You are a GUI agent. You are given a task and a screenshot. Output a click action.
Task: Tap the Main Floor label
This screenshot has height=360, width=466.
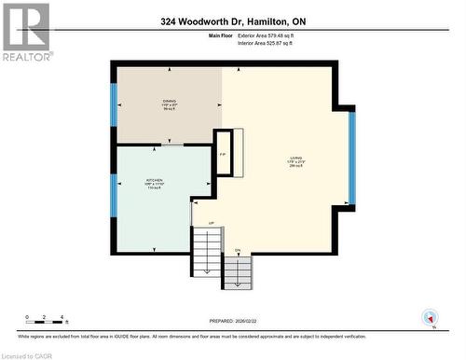[220, 35]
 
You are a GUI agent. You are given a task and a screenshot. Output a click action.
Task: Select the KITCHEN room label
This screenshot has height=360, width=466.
[154, 182]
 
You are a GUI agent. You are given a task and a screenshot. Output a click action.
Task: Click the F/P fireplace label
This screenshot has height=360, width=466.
[223, 155]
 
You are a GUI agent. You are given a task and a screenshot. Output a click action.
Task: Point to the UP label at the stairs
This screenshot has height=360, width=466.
[211, 223]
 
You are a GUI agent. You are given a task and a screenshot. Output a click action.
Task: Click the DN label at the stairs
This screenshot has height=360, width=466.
[238, 250]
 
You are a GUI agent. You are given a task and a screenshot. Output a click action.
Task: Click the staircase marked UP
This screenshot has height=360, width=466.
[207, 247]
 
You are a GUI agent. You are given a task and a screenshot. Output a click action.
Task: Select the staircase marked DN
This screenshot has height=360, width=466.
[238, 271]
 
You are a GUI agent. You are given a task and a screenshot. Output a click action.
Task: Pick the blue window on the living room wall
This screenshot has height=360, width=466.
[351, 158]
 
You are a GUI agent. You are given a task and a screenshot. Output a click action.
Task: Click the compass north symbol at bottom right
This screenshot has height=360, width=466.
[430, 317]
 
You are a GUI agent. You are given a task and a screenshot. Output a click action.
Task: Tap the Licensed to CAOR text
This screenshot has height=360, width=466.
[27, 354]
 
